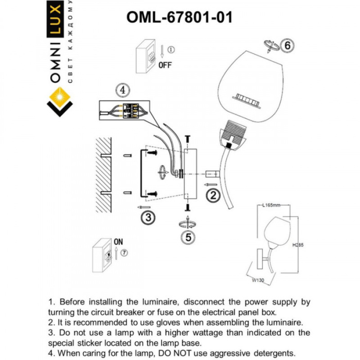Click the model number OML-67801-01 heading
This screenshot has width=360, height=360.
point(179,17)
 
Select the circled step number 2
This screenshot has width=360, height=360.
point(214,195)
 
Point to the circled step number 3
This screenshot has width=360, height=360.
point(148,217)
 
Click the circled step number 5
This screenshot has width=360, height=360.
point(189,237)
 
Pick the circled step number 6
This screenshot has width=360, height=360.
point(287,46)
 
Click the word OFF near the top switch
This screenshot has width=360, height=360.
point(165,65)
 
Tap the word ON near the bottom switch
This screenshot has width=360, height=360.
point(119,241)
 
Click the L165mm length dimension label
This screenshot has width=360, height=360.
point(271,206)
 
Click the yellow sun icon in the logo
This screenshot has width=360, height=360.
point(61,96)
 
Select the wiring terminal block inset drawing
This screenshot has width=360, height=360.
point(127,110)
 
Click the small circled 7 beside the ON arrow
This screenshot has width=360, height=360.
point(124,252)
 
